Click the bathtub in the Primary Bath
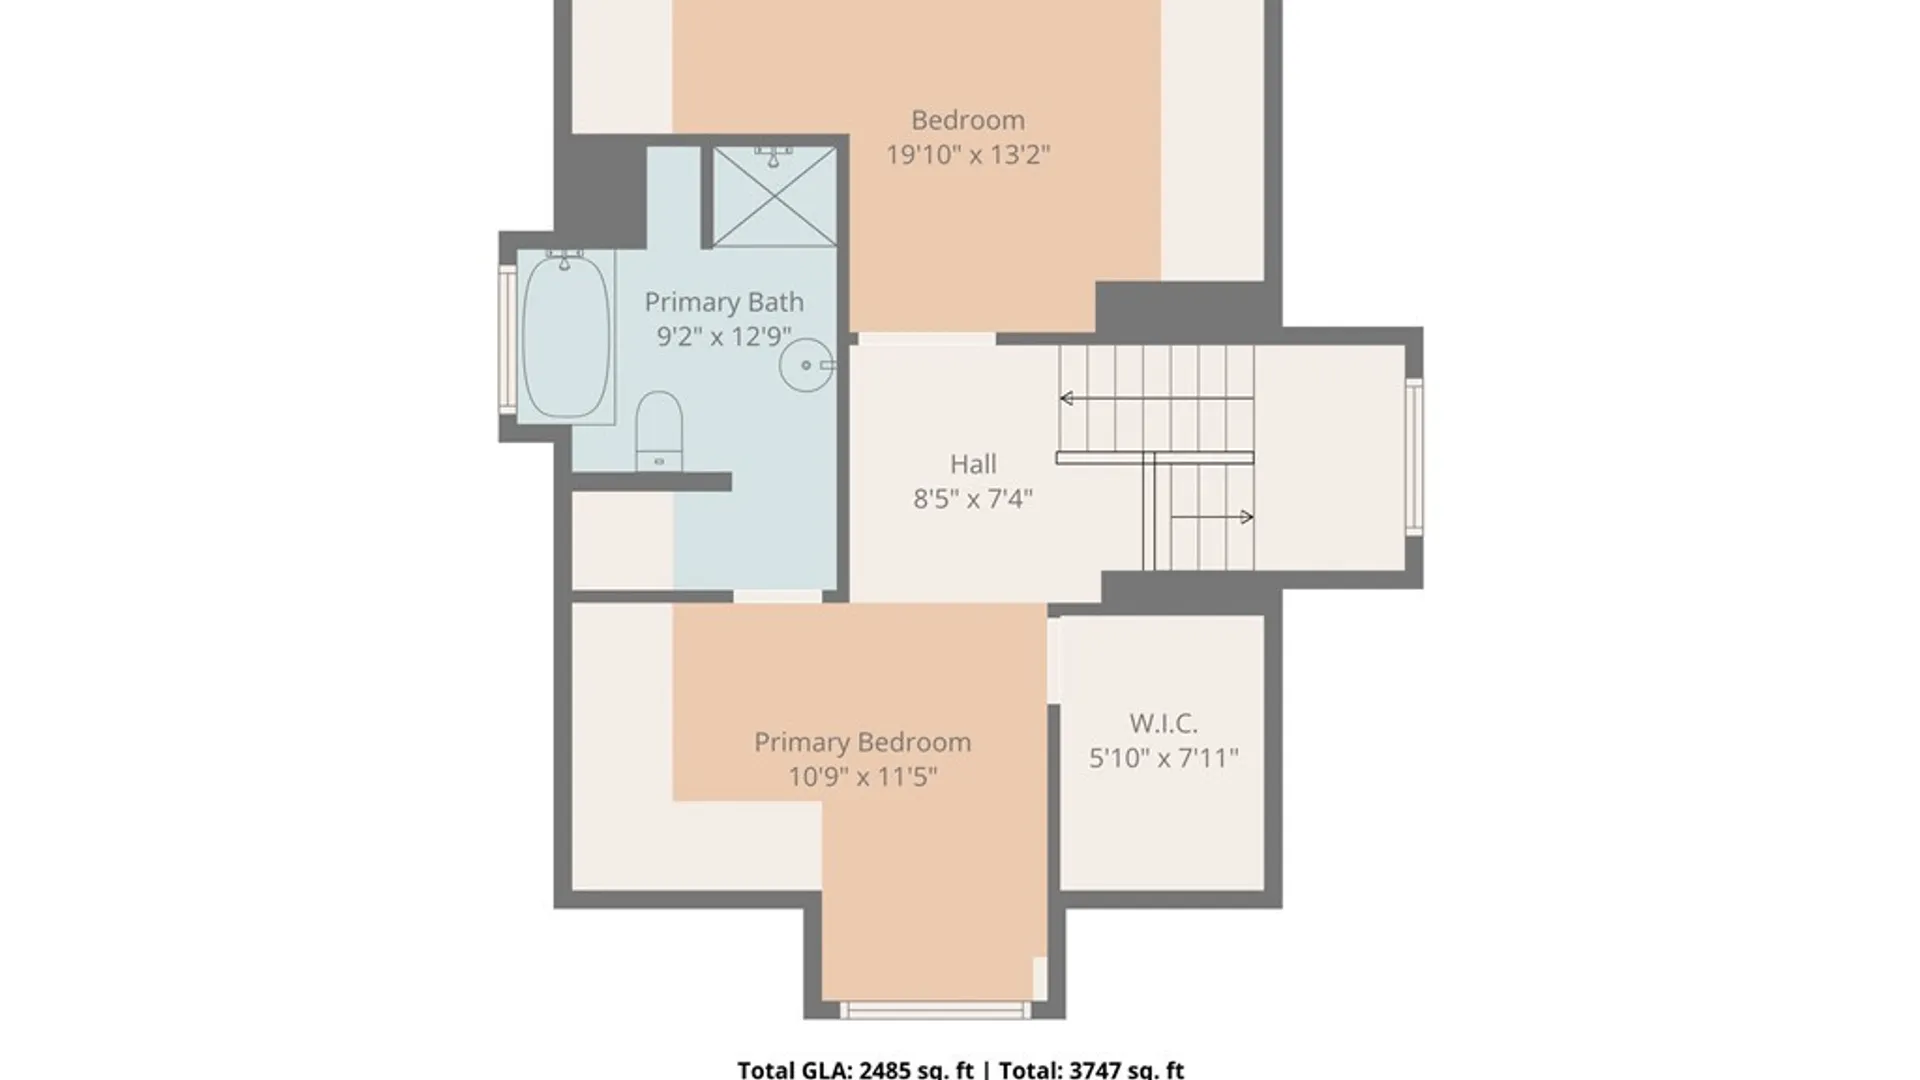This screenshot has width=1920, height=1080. coord(566,336)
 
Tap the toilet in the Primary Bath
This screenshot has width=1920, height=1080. coord(659,431)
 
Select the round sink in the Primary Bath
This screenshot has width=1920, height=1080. coord(806,365)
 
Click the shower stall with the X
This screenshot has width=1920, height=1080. coord(774,196)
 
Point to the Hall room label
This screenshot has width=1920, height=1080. coord(973,464)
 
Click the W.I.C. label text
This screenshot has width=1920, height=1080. coord(1163,723)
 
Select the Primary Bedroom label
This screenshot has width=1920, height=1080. coord(863,742)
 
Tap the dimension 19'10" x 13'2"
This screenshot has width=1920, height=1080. coord(968,155)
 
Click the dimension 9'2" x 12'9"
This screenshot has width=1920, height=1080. coord(724,336)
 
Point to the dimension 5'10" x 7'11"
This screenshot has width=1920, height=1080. coord(1163,758)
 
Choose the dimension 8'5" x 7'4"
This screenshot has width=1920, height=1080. coord(973,498)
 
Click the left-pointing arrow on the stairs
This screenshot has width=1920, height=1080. coord(1157,399)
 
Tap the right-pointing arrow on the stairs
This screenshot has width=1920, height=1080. coord(1212,517)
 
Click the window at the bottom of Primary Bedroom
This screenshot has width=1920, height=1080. coord(935,1009)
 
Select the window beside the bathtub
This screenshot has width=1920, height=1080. coord(508,339)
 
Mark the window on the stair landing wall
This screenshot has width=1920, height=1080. coord(1414,457)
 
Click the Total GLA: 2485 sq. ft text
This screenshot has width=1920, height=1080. coord(855,1070)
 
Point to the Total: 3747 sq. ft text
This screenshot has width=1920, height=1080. coord(1091,1070)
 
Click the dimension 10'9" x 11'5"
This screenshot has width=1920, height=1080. coord(863,776)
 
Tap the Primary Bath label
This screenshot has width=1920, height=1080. coord(724,302)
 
